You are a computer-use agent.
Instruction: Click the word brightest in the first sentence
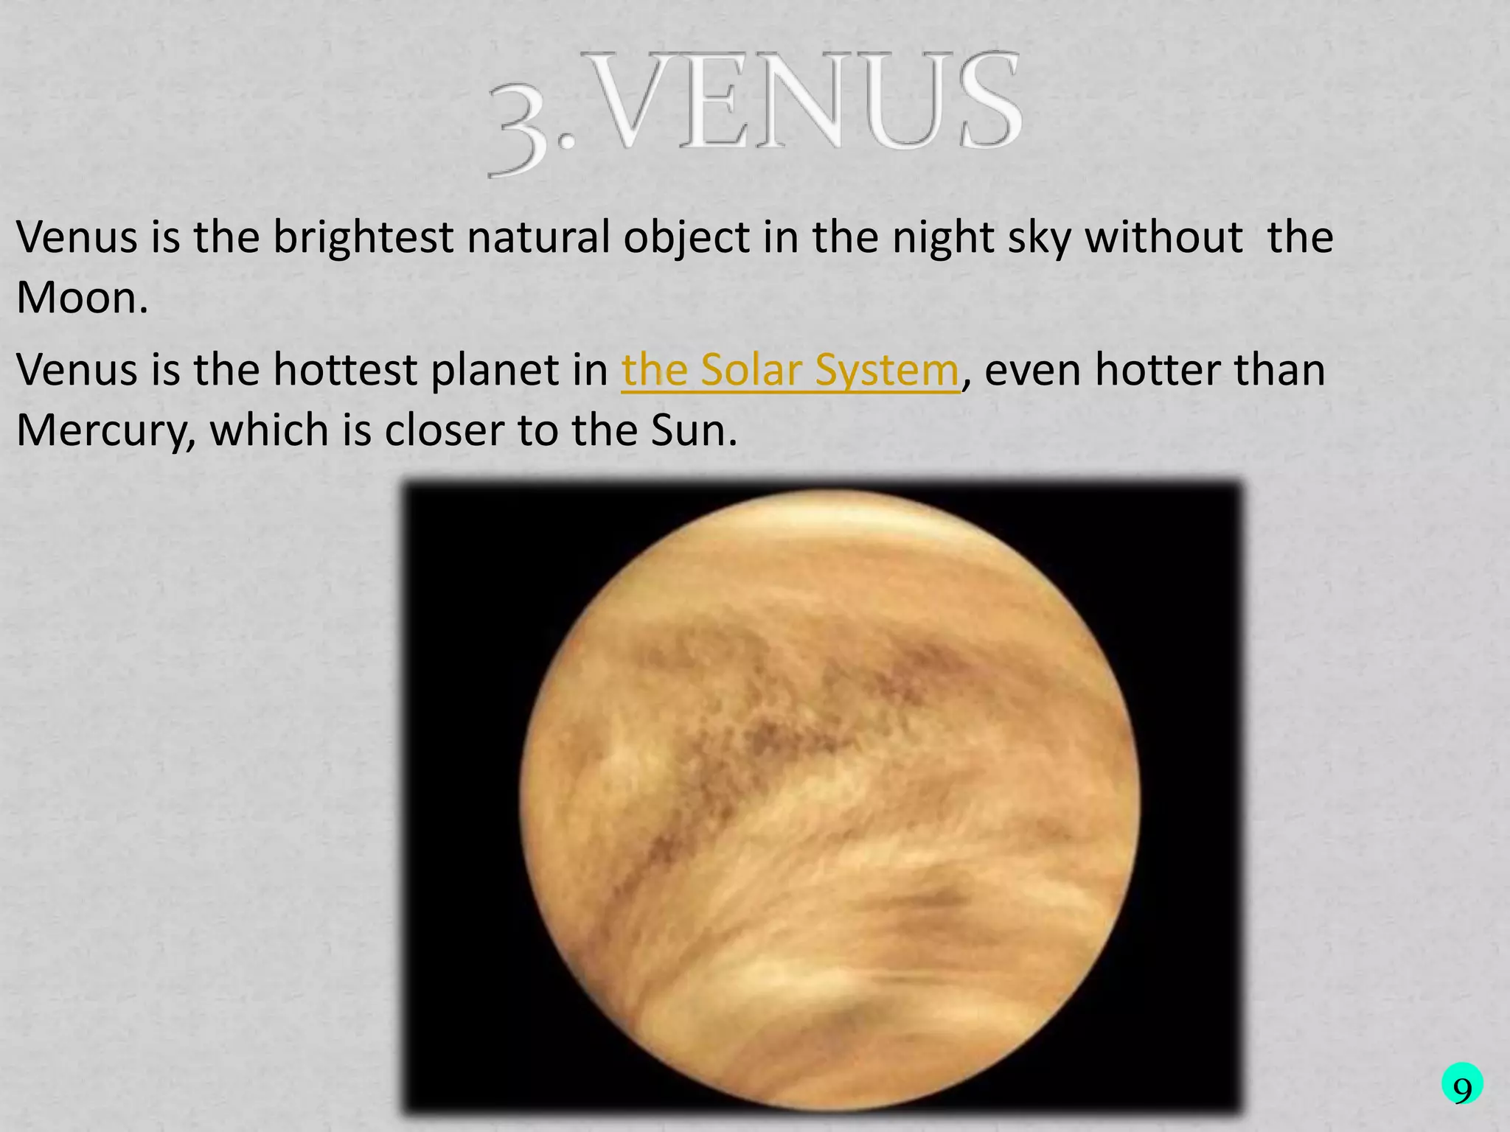coord(363,239)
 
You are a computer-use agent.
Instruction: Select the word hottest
coord(344,370)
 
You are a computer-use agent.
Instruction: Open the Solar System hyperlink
coord(790,370)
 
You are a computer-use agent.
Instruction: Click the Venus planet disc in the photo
coord(829,800)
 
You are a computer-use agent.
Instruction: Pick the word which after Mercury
coord(270,430)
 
